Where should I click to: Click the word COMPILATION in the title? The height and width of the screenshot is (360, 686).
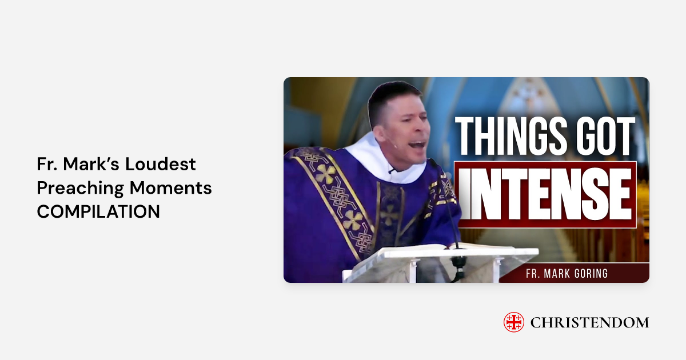[x=98, y=211]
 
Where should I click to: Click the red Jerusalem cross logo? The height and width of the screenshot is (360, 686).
[x=513, y=322]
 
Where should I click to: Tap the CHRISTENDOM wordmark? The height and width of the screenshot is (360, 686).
[x=589, y=323]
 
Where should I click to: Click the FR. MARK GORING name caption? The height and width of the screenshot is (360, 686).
[x=567, y=274]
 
